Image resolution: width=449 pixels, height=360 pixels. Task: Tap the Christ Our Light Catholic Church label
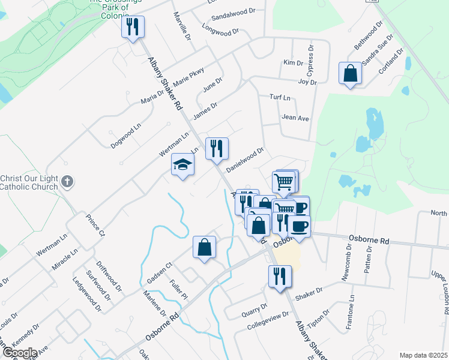pos(29,182)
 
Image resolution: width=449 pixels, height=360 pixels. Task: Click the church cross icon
pos(68,181)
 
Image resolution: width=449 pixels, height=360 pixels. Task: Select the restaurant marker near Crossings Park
pos(133,26)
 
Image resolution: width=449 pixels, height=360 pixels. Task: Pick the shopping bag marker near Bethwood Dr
pos(350,73)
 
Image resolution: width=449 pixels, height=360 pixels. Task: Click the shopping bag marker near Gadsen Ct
pos(204,247)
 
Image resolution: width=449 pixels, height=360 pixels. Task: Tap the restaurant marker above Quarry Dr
pos(280,276)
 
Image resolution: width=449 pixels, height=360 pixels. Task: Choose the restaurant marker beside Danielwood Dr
pos(217,148)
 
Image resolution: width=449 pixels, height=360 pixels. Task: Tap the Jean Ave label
pos(295,118)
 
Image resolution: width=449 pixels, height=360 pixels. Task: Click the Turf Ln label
pos(280,97)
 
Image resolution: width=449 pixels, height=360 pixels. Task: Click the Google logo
pos(19,353)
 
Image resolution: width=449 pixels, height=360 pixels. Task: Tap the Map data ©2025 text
pos(424,355)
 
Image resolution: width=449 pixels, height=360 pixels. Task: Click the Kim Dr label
pos(293,62)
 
